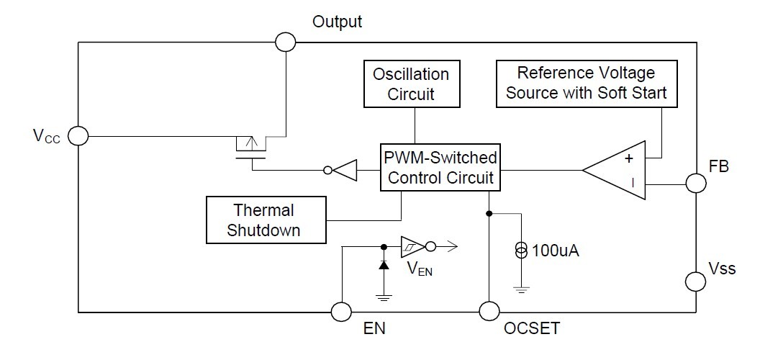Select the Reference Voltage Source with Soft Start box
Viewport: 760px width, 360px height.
[x=587, y=84]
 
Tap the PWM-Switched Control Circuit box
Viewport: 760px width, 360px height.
[x=439, y=168]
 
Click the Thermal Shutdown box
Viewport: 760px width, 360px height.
[x=264, y=220]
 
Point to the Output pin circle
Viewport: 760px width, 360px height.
[x=285, y=42]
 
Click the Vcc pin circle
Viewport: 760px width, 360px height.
[x=78, y=135]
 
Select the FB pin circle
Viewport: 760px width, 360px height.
[x=696, y=183]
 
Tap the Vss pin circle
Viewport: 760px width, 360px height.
[x=696, y=279]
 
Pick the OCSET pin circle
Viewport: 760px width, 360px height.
[x=489, y=312]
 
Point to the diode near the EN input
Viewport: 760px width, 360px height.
[x=383, y=266]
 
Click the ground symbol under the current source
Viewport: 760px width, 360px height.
[x=520, y=289]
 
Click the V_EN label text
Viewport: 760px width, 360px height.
[x=421, y=270]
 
